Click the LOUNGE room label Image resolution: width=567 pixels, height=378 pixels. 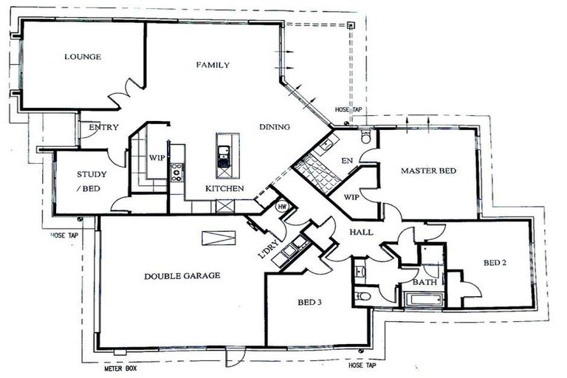(82, 57)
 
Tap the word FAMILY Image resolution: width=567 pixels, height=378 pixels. (213, 65)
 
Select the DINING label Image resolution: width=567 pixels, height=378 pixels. (274, 126)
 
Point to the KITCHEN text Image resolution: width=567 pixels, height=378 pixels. (224, 189)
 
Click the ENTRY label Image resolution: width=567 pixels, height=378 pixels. (103, 128)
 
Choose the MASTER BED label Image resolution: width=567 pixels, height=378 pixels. (429, 171)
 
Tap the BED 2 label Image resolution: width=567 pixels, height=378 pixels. (495, 262)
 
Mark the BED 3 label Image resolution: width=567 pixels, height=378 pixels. (309, 303)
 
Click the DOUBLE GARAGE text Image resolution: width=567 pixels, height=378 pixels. (182, 275)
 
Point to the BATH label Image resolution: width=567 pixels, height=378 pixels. (424, 283)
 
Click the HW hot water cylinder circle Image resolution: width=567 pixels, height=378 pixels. (281, 207)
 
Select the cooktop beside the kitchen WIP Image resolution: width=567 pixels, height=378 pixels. (177, 172)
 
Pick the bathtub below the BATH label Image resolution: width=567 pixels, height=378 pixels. (422, 300)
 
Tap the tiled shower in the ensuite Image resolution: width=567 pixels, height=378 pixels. (319, 171)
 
